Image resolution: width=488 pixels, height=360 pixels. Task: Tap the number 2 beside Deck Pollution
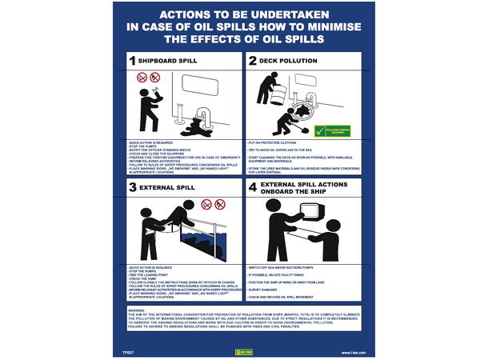253,61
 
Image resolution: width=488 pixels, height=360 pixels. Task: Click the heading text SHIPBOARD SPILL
170,61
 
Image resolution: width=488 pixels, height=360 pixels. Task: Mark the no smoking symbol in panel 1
142,78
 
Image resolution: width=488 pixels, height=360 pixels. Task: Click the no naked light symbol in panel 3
219,205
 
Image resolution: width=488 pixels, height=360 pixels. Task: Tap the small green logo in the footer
244,350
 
